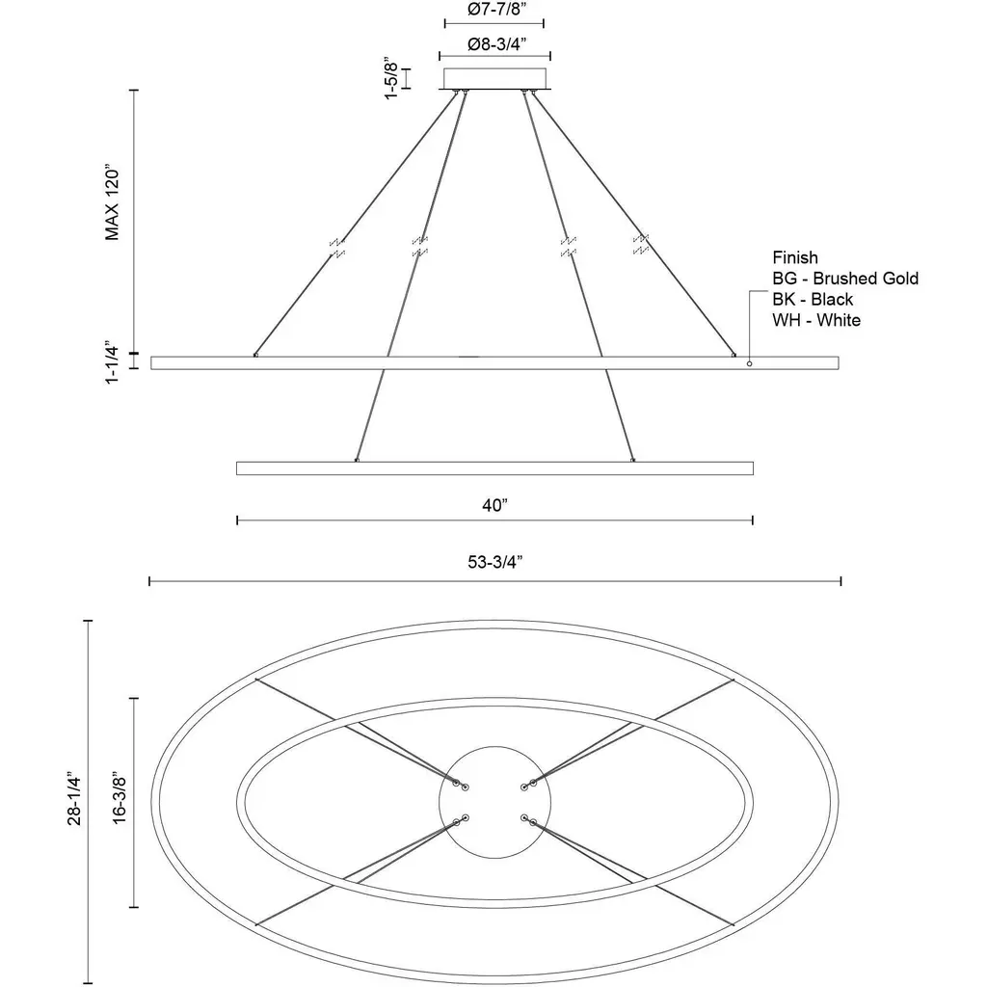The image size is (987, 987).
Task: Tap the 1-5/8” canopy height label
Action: tap(391, 80)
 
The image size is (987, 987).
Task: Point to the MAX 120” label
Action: tap(112, 203)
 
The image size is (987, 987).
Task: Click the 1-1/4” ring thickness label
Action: tap(112, 363)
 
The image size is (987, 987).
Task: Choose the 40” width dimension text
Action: tap(494, 505)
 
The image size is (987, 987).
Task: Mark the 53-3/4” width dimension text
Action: tap(495, 562)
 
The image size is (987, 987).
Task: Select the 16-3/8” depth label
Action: tap(120, 800)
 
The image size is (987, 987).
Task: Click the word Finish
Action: tap(795, 257)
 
